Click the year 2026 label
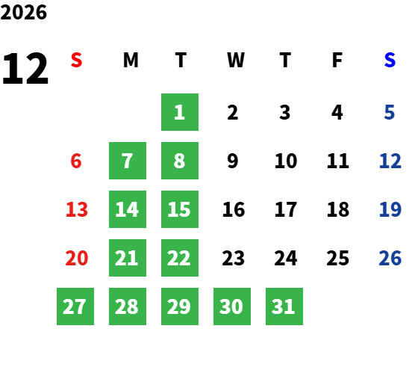point(23,12)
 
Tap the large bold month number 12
point(25,68)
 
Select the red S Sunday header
point(76,60)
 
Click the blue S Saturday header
point(390,60)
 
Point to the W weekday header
point(236,60)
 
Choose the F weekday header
point(337,60)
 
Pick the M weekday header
point(131,60)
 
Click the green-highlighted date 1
point(180,112)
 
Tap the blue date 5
point(389,112)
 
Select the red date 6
point(76,161)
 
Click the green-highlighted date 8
point(180,161)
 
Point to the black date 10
point(286,161)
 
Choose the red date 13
point(77,209)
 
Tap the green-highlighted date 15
point(180,209)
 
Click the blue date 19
point(390,209)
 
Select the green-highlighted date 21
point(128,258)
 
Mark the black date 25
point(338,258)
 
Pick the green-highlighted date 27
point(75,306)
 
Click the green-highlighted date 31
point(284,306)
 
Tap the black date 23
point(233,258)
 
